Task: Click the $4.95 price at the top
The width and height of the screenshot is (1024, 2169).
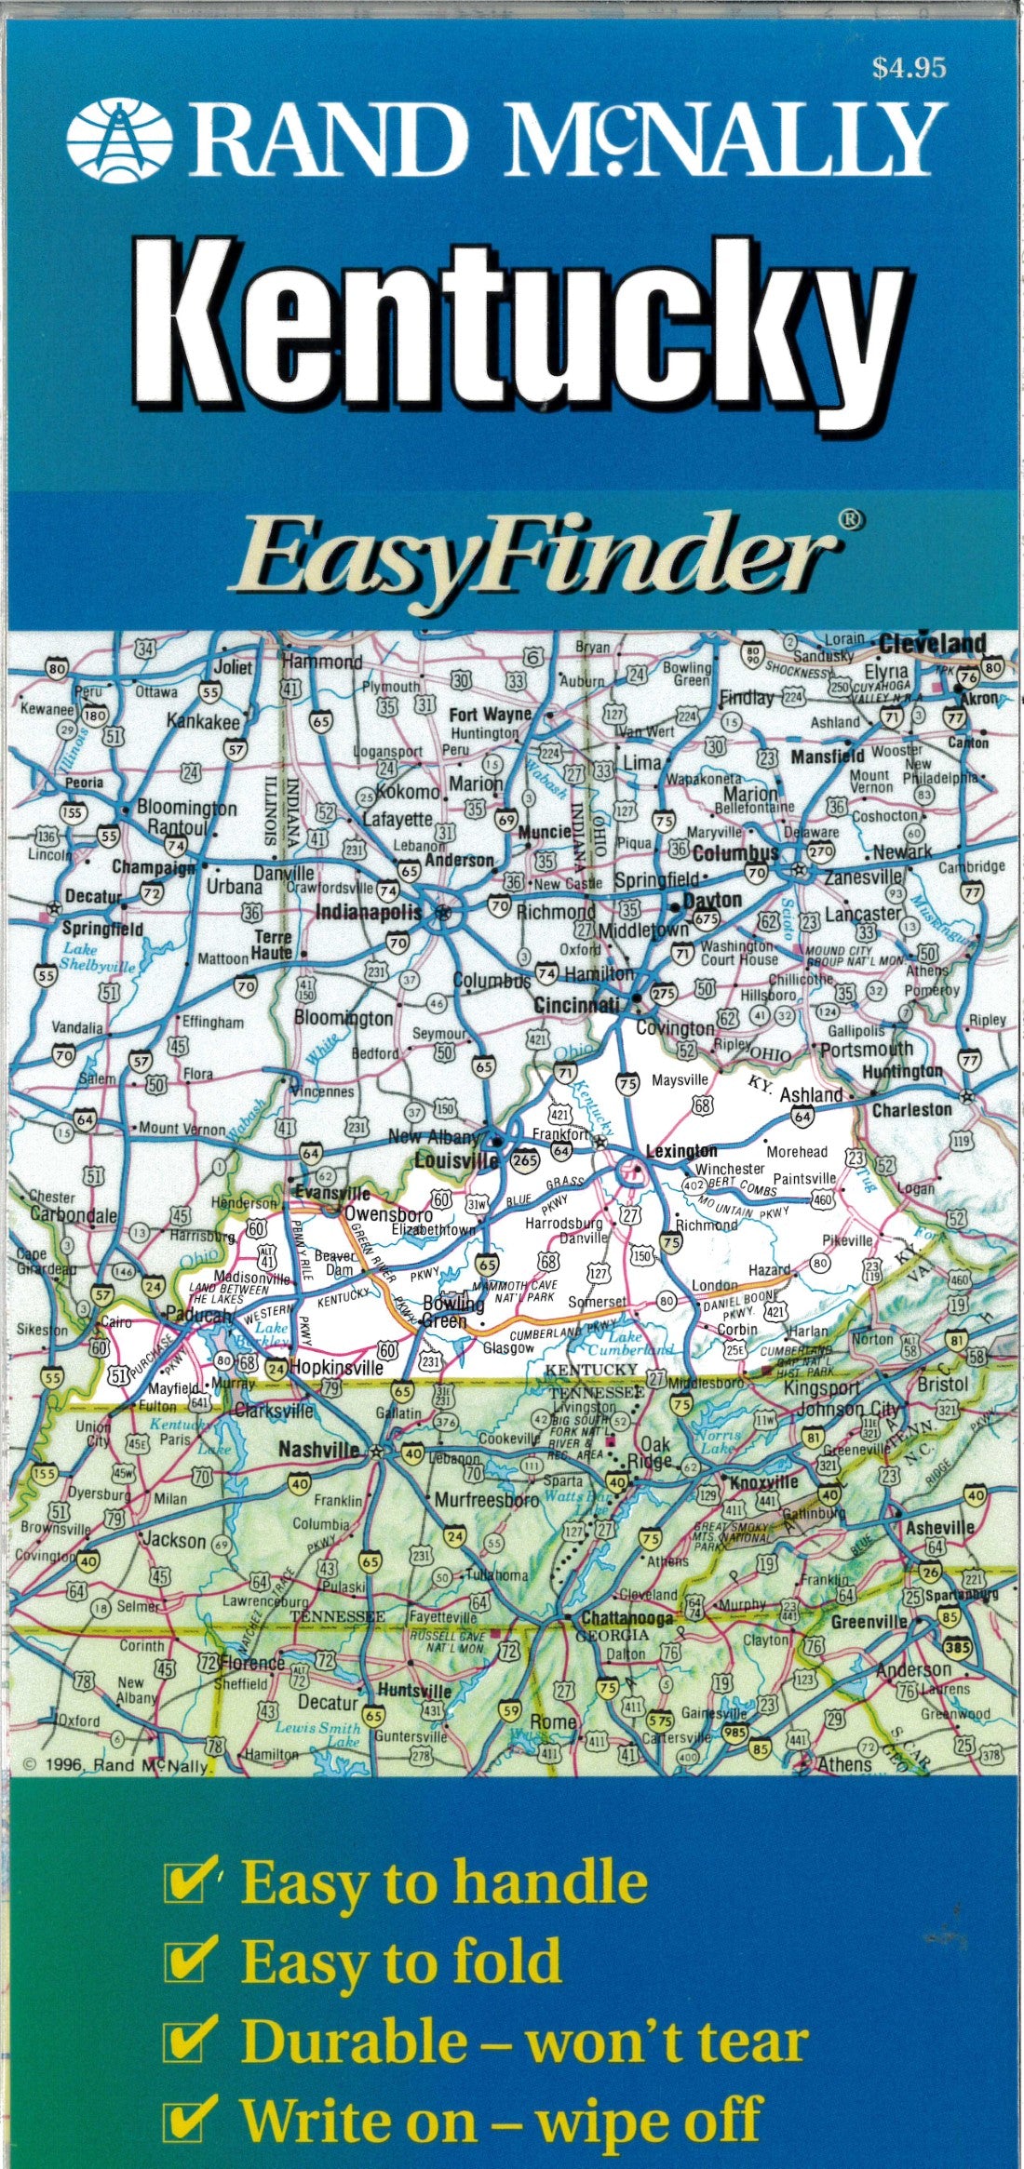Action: (909, 68)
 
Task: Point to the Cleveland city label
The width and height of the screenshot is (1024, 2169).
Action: (931, 644)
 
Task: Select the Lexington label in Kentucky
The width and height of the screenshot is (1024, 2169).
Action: (681, 1151)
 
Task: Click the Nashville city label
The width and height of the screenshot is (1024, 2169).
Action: (318, 1451)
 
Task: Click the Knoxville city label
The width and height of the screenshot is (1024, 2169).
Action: (764, 1482)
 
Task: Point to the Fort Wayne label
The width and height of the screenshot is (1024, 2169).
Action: (491, 715)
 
